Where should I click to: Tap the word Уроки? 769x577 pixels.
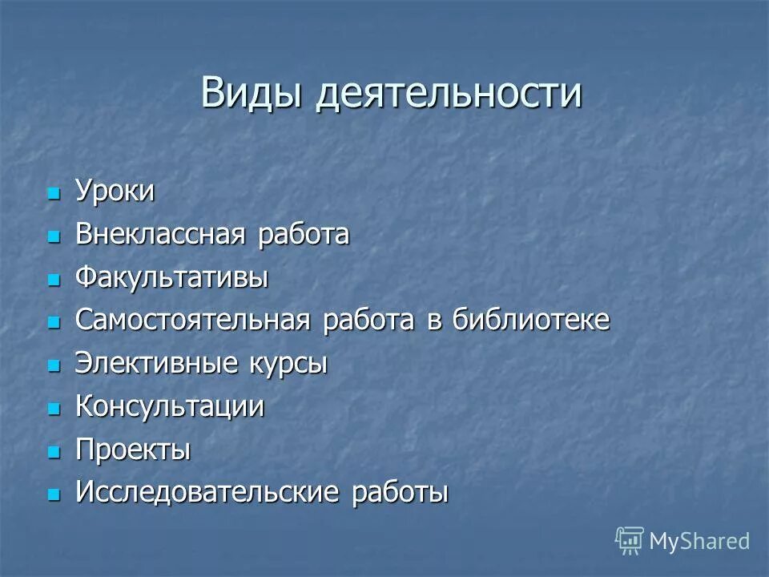point(115,192)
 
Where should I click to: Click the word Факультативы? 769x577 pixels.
point(171,279)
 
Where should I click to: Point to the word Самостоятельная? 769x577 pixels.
point(192,321)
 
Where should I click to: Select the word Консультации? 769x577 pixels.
point(169,406)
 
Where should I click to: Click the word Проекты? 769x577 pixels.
point(133,450)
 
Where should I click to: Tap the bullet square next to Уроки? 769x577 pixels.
point(54,194)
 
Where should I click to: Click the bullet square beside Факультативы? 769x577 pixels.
point(54,280)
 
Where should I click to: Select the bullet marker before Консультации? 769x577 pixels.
point(54,409)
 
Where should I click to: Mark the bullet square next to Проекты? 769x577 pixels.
point(54,452)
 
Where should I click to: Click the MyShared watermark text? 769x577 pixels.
point(699,542)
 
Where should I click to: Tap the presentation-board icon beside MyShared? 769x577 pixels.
point(630,541)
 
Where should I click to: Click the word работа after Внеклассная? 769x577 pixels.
point(304,236)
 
